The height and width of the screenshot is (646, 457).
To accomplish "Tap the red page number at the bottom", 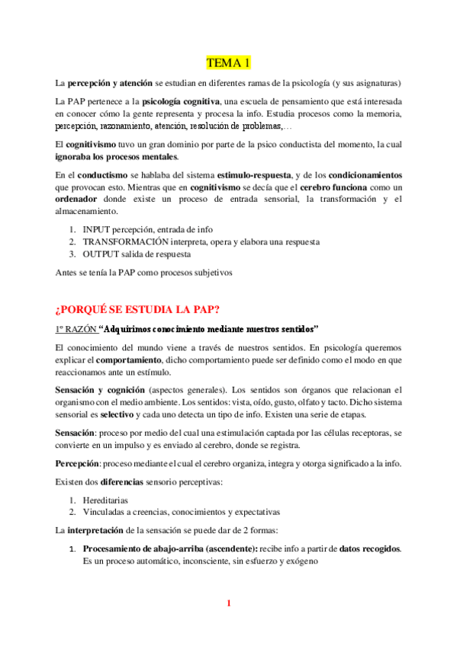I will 228,604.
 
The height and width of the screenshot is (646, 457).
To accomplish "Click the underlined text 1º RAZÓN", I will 76,329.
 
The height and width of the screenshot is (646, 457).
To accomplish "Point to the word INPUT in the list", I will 98,229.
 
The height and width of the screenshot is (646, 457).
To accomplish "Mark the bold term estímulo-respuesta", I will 256,175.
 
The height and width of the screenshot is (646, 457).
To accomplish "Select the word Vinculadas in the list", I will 106,512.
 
